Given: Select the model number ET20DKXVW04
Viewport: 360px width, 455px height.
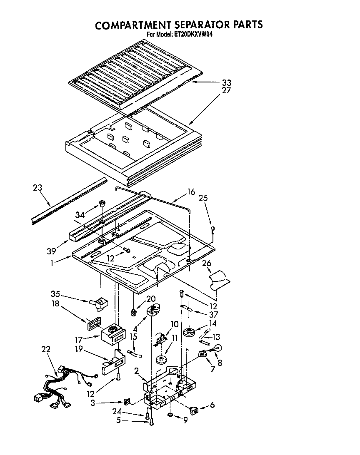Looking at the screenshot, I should pos(192,35).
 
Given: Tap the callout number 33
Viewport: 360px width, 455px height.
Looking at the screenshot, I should pos(226,82).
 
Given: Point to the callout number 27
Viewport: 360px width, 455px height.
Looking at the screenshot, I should pos(226,90).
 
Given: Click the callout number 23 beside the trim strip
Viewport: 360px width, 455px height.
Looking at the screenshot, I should pos(37,188).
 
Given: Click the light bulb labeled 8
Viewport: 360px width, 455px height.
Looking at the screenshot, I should pos(217,349).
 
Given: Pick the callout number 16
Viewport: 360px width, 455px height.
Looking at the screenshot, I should pos(191,192).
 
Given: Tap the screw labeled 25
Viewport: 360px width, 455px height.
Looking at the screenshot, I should pos(213,229).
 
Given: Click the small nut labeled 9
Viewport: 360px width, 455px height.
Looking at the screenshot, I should pos(170,415).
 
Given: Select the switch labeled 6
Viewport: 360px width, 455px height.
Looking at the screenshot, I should pos(194,411).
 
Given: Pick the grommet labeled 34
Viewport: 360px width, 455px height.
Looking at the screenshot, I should pos(101,204).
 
